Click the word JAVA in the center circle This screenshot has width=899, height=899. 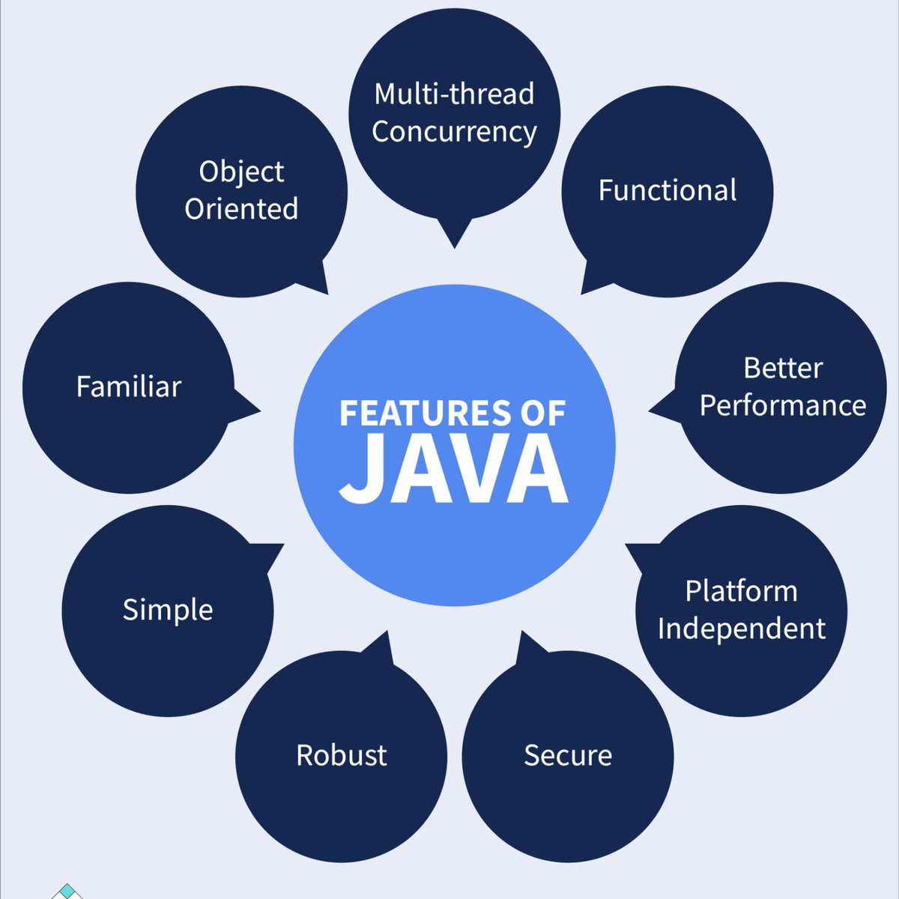coord(454,470)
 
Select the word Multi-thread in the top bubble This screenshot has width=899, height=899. coord(454,94)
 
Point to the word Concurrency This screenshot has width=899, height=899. coord(454,133)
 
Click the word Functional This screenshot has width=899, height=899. coord(667,190)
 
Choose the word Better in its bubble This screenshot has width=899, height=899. coord(783,368)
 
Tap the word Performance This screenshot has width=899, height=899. coord(783,405)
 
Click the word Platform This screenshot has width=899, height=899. coord(741,591)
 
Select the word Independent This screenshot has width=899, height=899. coord(741,628)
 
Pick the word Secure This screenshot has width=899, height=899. coord(568,755)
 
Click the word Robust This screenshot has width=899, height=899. coord(342,755)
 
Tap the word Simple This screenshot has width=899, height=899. coord(168,610)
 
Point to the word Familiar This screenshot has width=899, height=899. coord(129,387)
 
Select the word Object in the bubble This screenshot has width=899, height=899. coord(241,172)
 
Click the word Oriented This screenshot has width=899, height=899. coord(241,209)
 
